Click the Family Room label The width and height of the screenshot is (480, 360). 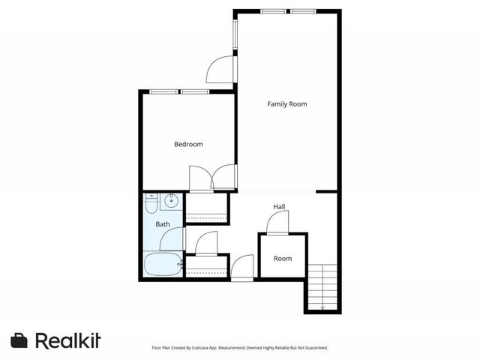(287, 104)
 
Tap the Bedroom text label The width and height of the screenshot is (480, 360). (188, 145)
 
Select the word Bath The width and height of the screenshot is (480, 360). (163, 224)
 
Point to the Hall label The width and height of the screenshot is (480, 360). (279, 207)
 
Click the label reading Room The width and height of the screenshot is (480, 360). (283, 259)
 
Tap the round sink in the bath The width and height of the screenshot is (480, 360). (172, 200)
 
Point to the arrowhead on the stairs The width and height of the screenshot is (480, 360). (322, 307)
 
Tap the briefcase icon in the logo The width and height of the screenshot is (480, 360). (19, 340)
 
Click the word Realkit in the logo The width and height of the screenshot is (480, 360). (67, 340)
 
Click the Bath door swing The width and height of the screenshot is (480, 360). (171, 240)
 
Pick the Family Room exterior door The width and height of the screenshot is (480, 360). (220, 69)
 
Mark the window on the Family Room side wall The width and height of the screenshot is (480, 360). (235, 34)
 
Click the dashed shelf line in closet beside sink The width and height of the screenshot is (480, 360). (206, 217)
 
